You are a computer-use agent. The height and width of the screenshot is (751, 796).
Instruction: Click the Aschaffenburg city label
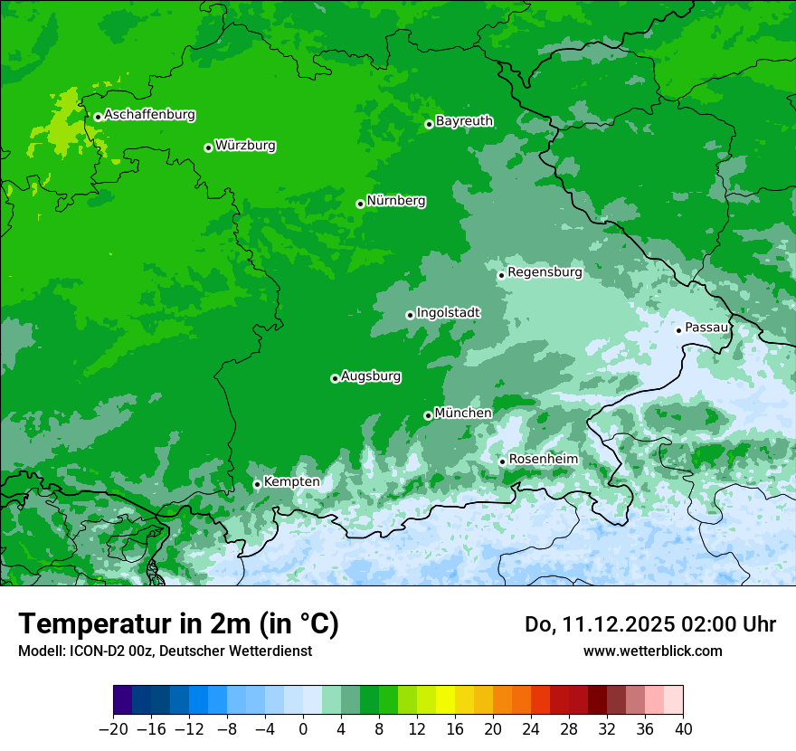click(149, 115)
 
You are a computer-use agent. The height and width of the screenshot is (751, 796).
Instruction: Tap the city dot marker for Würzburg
click(208, 147)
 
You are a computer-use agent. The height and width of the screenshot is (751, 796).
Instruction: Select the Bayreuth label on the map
click(464, 120)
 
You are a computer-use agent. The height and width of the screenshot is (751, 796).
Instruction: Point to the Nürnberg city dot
click(360, 204)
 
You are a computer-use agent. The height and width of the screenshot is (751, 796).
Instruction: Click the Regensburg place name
click(545, 271)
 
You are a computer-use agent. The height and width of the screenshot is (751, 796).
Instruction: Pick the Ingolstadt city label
click(448, 312)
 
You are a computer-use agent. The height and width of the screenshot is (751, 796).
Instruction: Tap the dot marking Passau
click(678, 330)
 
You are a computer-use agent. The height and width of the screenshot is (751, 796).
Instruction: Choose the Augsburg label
click(371, 376)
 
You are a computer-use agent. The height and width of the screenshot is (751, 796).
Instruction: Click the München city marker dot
click(428, 416)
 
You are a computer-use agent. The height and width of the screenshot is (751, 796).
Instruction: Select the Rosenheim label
click(543, 459)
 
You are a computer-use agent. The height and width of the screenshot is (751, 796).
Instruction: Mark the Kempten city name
click(291, 481)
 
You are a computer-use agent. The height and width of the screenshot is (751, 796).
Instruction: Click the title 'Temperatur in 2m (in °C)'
click(178, 623)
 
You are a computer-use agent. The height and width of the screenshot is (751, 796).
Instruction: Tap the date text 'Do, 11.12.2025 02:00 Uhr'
click(649, 624)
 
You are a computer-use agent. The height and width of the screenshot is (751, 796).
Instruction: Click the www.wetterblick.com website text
click(652, 651)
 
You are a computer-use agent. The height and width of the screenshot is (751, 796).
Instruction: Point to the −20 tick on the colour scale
click(113, 729)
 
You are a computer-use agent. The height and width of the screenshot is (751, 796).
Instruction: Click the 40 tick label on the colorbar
click(683, 729)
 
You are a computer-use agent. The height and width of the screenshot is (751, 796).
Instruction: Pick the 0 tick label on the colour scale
click(303, 729)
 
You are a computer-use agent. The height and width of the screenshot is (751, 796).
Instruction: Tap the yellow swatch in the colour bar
click(445, 700)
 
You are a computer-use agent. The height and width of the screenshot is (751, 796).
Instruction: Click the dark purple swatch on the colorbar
click(122, 700)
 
